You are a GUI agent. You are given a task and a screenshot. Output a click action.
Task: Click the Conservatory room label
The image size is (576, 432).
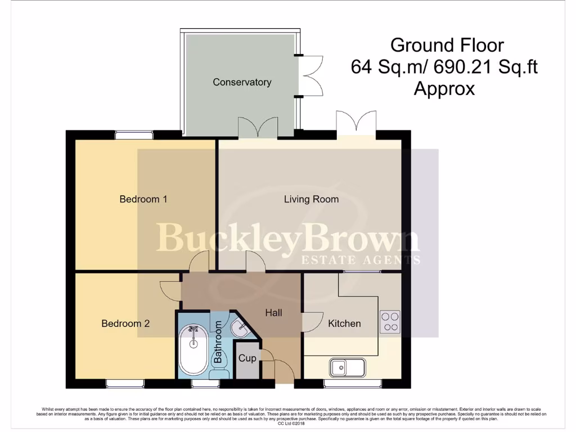[x=242, y=82]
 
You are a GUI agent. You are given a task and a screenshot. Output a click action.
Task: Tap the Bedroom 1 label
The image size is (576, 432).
[x=143, y=199]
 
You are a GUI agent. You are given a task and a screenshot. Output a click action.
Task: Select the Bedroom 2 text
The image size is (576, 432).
[x=125, y=323]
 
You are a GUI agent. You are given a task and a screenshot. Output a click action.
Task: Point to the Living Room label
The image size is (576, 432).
[x=311, y=199]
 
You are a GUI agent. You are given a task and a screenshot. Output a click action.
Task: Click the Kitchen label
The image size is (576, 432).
[x=344, y=323]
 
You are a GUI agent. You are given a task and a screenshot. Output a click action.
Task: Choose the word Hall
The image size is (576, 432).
[x=274, y=313]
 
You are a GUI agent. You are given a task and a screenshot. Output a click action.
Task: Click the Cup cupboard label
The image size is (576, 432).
[x=247, y=358]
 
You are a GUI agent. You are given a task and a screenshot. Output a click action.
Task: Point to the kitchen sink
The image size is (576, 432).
[x=347, y=368]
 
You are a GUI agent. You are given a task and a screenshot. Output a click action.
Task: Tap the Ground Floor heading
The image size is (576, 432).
[x=440, y=45]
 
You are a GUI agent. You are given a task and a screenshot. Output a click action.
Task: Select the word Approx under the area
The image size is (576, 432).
[x=444, y=89]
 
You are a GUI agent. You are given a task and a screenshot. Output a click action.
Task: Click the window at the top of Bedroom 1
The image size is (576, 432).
[x=134, y=134]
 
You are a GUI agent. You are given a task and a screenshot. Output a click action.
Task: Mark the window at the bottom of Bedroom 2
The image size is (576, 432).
[x=125, y=384]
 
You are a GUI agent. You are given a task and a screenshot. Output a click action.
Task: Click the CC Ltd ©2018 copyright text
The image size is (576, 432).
[x=287, y=423]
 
